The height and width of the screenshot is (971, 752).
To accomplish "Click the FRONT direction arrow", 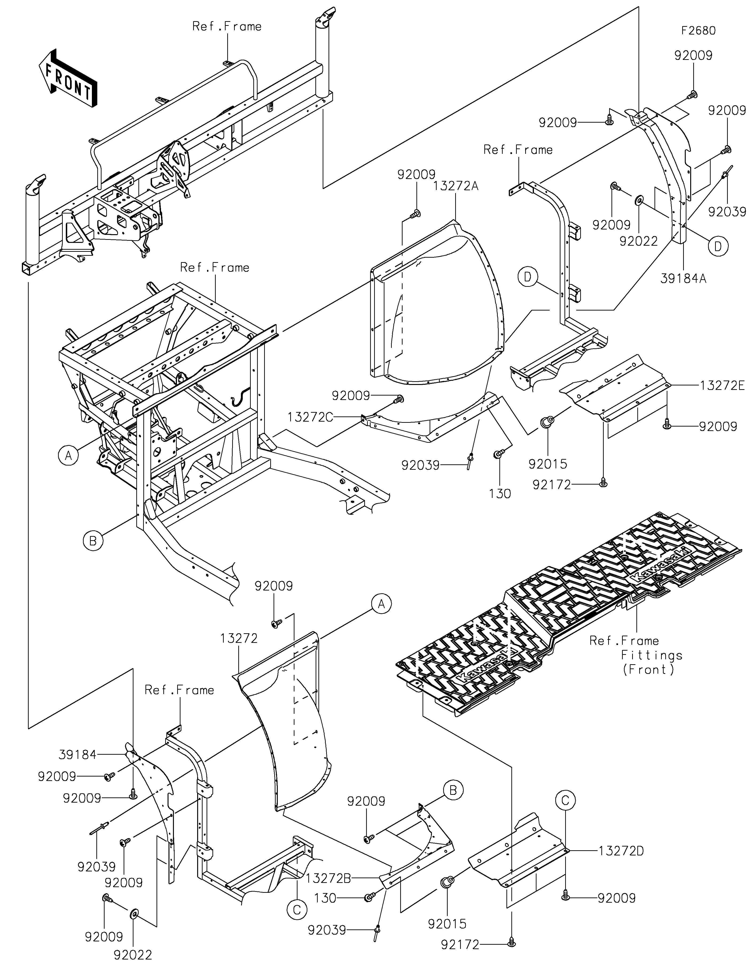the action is (68, 78).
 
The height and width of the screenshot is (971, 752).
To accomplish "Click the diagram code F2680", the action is (699, 31).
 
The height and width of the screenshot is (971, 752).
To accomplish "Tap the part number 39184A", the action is (684, 279).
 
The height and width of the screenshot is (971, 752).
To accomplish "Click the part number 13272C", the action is (310, 417).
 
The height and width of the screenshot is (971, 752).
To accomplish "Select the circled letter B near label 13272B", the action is (453, 790).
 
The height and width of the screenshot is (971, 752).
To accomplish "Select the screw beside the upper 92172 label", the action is (603, 482).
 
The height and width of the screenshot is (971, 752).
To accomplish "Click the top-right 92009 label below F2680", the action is (693, 56).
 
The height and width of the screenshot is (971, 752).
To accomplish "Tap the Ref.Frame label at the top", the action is (227, 27).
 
